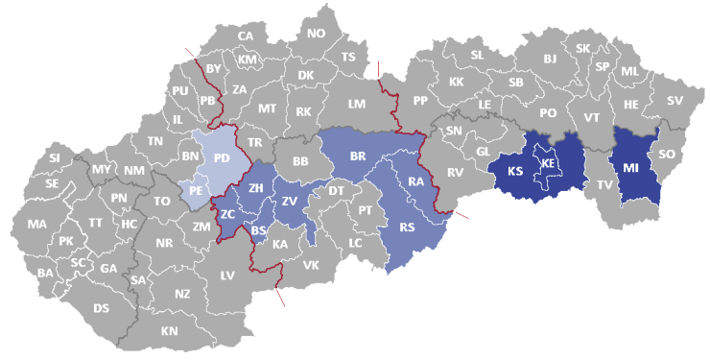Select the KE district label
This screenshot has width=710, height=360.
pyautogui.click(x=548, y=164)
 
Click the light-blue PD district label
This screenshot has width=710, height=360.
pyautogui.click(x=222, y=157)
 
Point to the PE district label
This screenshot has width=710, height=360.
pyautogui.click(x=195, y=191)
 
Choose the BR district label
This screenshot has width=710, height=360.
pyautogui.click(x=358, y=155)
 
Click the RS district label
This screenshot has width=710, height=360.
pyautogui.click(x=408, y=228)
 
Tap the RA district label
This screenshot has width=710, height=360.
pyautogui.click(x=415, y=180)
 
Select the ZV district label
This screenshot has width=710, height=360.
pyautogui.click(x=289, y=201)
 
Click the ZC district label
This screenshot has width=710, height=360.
pyautogui.click(x=227, y=214)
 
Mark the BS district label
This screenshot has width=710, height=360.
pyautogui.click(x=259, y=230)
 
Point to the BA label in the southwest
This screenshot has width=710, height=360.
pyautogui.click(x=45, y=273)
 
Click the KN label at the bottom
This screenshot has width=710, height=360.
pyautogui.click(x=170, y=330)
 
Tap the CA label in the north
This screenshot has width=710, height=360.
pyautogui.click(x=246, y=36)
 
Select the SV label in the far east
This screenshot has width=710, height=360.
pyautogui.click(x=674, y=100)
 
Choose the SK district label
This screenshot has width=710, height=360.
pyautogui.click(x=582, y=48)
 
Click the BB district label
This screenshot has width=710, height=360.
pyautogui.click(x=300, y=161)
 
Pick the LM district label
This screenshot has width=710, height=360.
pyautogui.click(x=357, y=103)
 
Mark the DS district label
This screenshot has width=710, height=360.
pyautogui.click(x=101, y=308)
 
